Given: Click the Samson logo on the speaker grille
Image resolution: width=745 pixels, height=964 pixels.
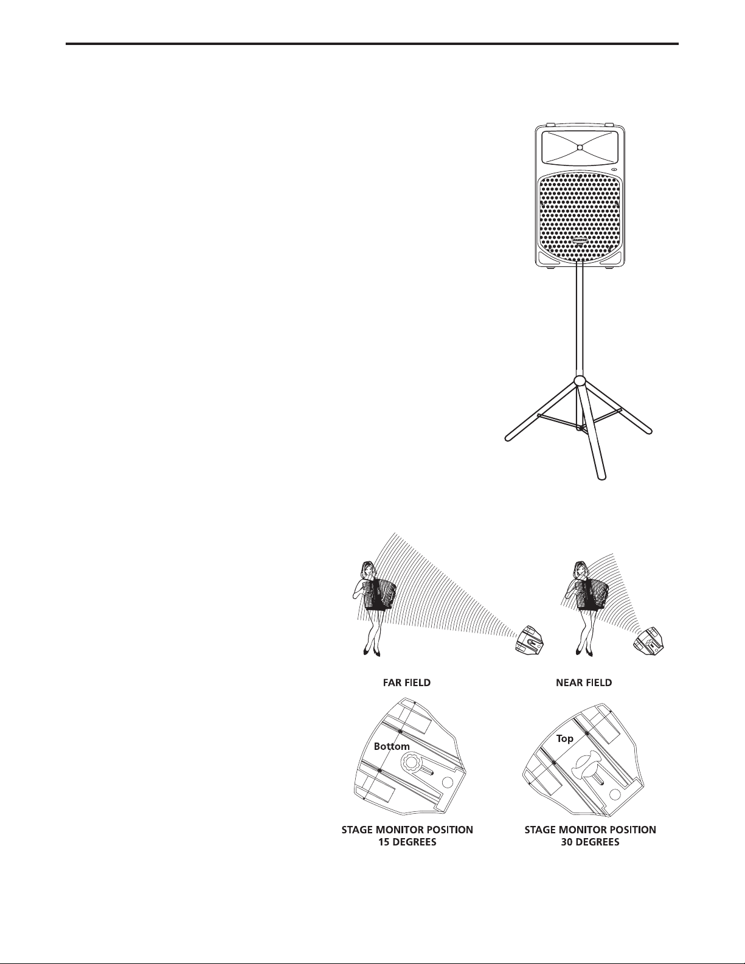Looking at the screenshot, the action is (x=580, y=240).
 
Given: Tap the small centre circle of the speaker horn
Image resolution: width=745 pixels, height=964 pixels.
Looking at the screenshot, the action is (x=580, y=147).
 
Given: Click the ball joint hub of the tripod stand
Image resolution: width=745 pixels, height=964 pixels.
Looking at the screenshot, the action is (x=580, y=382).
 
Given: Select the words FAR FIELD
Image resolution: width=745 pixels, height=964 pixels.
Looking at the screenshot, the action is (x=402, y=683).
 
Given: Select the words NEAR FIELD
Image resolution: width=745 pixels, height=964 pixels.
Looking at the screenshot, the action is (x=584, y=683).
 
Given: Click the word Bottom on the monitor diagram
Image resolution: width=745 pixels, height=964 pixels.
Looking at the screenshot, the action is (x=392, y=746).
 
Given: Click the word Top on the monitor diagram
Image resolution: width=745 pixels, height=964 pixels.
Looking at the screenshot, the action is (x=566, y=738).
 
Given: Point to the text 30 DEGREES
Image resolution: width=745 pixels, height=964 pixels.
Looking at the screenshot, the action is (x=591, y=842).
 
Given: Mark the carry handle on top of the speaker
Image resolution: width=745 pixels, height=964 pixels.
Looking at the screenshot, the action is (x=580, y=123).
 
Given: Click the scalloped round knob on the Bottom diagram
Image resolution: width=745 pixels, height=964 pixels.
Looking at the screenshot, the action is (x=409, y=763).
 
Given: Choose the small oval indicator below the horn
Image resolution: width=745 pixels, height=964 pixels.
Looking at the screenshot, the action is (x=615, y=170).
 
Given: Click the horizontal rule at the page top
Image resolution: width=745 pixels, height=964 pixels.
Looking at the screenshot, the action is (x=372, y=44).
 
